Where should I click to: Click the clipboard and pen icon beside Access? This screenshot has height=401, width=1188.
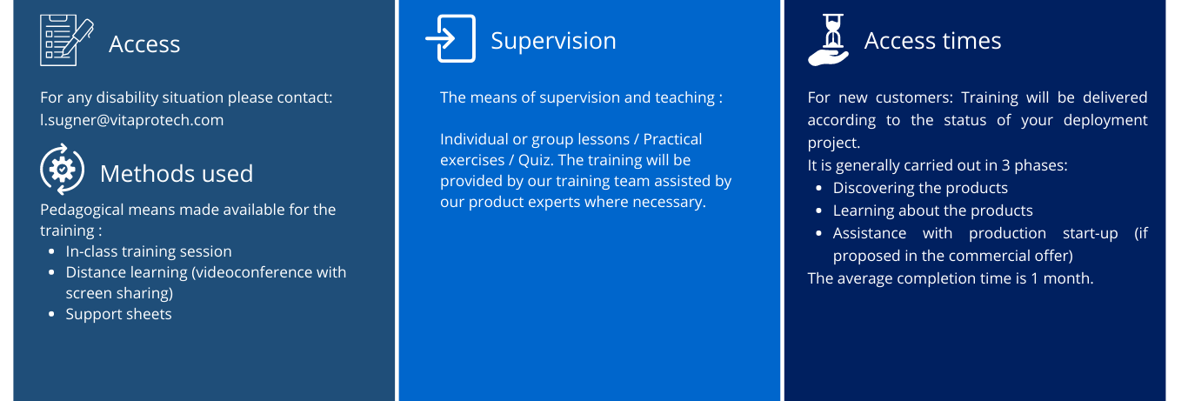point(66,40)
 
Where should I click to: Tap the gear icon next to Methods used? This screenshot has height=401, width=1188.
point(62,170)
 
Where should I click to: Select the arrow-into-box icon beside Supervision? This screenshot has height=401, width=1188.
point(451,39)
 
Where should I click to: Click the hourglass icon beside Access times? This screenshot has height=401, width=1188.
point(829,40)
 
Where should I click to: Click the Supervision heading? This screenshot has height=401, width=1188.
point(553,41)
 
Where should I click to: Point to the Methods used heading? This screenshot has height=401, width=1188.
point(177,173)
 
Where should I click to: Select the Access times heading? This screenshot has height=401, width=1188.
point(933,41)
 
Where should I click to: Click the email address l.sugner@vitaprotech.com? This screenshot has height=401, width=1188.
point(132,120)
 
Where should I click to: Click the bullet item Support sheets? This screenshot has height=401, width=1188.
point(119,314)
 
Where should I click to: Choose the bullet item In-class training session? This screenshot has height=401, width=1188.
point(149,251)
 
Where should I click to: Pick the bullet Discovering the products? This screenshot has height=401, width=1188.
point(920,188)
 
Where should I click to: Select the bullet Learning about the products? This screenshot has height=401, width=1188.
point(933,211)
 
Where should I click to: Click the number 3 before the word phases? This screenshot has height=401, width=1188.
point(1005,165)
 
